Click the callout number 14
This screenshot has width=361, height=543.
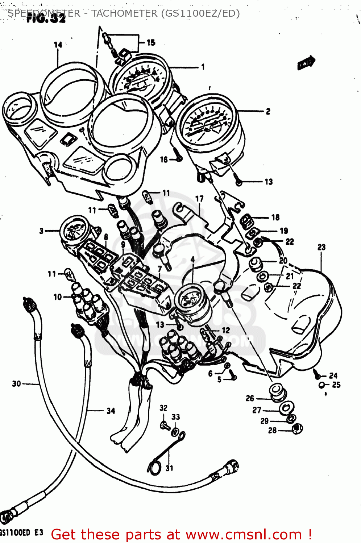point(58,45)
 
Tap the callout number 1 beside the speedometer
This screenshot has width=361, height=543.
point(203,67)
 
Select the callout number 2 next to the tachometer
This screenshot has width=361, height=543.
point(268,111)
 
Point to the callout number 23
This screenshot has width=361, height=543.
point(321,247)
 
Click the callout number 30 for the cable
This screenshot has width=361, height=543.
point(16,384)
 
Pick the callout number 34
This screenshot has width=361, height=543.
point(111,411)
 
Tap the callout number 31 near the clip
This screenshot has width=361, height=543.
point(169,468)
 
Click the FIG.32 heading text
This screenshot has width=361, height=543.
point(46,19)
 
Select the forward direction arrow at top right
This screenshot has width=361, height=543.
point(306,63)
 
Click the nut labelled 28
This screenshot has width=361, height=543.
point(297,429)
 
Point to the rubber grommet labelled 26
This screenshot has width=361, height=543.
point(277,392)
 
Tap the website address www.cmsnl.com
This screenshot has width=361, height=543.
point(244,534)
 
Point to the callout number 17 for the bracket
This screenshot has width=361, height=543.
point(199,199)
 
